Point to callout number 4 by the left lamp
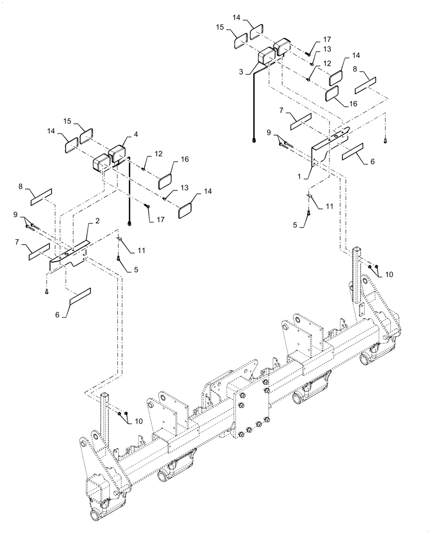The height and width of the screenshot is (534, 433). (135, 135)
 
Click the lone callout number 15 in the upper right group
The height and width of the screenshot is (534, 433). (221, 26)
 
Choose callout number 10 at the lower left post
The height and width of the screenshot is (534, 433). (139, 421)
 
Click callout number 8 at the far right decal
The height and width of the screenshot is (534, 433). (355, 68)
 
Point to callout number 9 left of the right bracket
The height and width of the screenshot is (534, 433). (269, 132)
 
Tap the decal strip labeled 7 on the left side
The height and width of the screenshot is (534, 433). (39, 252)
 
